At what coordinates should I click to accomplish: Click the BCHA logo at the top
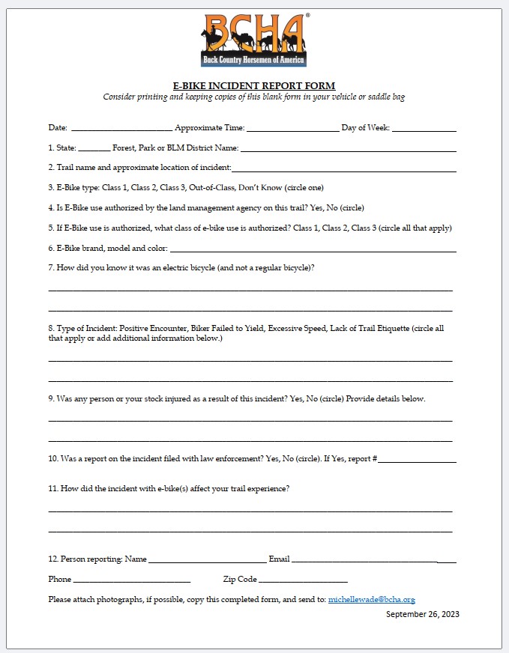(253, 39)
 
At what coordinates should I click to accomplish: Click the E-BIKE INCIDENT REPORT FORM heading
(254, 85)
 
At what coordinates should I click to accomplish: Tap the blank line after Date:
(121, 130)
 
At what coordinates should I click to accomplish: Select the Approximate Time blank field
(292, 130)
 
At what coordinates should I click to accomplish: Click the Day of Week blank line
(424, 130)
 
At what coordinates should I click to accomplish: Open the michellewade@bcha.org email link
(371, 600)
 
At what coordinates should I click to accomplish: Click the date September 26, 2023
(422, 615)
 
